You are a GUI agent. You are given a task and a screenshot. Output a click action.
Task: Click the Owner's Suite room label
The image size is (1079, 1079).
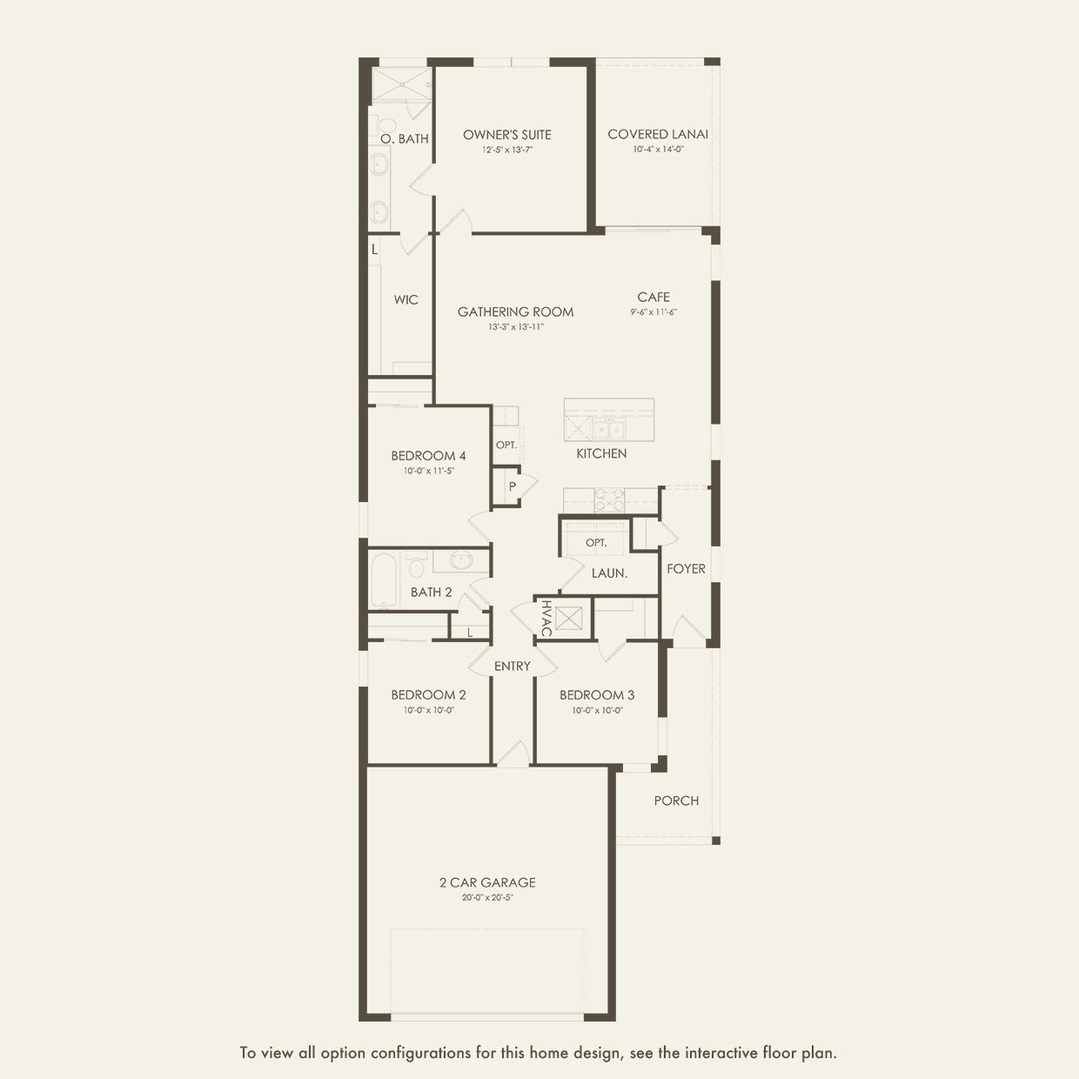point(506,135)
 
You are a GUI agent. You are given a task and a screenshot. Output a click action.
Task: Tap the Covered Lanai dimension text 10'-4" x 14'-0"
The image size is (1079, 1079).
point(658,150)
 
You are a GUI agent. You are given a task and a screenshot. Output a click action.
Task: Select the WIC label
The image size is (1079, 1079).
point(405,299)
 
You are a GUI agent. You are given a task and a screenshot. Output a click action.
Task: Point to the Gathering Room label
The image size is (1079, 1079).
point(515,312)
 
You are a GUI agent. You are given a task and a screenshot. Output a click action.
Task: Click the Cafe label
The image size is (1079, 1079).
point(653,298)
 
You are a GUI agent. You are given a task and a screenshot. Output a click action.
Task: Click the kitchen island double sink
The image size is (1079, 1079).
point(608,429)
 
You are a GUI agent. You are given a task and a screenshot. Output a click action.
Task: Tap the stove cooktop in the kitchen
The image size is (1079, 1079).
point(609,500)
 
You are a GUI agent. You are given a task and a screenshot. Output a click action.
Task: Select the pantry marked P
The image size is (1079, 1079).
point(507,486)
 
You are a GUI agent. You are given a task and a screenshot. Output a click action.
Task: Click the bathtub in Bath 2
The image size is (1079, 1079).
point(384,580)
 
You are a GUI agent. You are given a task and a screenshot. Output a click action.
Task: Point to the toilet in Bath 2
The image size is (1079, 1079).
point(416,565)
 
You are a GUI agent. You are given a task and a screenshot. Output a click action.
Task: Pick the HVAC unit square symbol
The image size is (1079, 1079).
point(568,618)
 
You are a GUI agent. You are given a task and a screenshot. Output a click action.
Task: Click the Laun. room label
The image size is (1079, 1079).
point(609,573)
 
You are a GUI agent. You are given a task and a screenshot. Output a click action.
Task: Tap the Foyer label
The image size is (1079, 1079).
point(686,569)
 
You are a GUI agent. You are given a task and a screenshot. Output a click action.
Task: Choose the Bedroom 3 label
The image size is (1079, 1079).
point(597,695)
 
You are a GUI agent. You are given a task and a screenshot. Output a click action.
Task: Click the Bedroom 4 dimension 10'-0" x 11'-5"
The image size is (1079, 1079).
point(428,471)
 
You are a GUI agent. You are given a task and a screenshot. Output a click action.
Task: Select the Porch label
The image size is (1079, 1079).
point(676,801)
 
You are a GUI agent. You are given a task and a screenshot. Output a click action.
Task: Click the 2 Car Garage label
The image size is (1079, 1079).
point(487,882)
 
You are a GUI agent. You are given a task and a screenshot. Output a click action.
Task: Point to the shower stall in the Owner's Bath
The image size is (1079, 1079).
point(401,85)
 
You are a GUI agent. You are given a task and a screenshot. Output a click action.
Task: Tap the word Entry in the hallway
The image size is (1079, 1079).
point(512,666)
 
